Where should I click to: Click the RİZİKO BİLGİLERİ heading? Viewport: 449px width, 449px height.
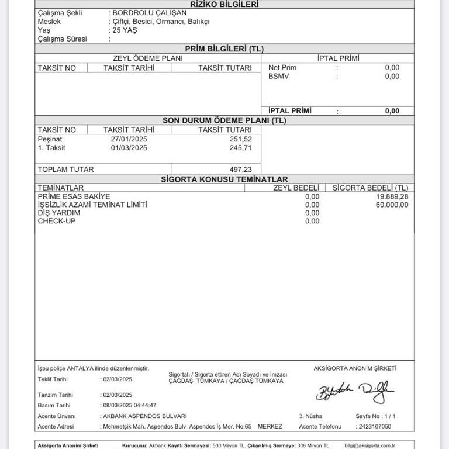point(224,4)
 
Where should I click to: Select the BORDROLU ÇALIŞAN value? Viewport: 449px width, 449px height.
point(141,13)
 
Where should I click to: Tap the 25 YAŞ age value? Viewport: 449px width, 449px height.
point(124,30)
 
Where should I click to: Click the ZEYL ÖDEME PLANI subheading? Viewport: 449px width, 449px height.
point(147,58)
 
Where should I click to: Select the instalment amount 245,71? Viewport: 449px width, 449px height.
point(241,148)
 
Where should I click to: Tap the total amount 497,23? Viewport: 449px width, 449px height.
point(241,170)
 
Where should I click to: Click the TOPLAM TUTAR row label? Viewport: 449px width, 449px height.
point(65,170)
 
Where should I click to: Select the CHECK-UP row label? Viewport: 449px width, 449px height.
point(55,221)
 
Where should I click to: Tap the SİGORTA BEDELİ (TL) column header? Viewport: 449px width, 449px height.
point(370,188)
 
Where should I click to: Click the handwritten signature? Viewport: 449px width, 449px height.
point(355,393)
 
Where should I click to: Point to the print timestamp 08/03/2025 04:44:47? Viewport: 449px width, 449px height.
point(129,405)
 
